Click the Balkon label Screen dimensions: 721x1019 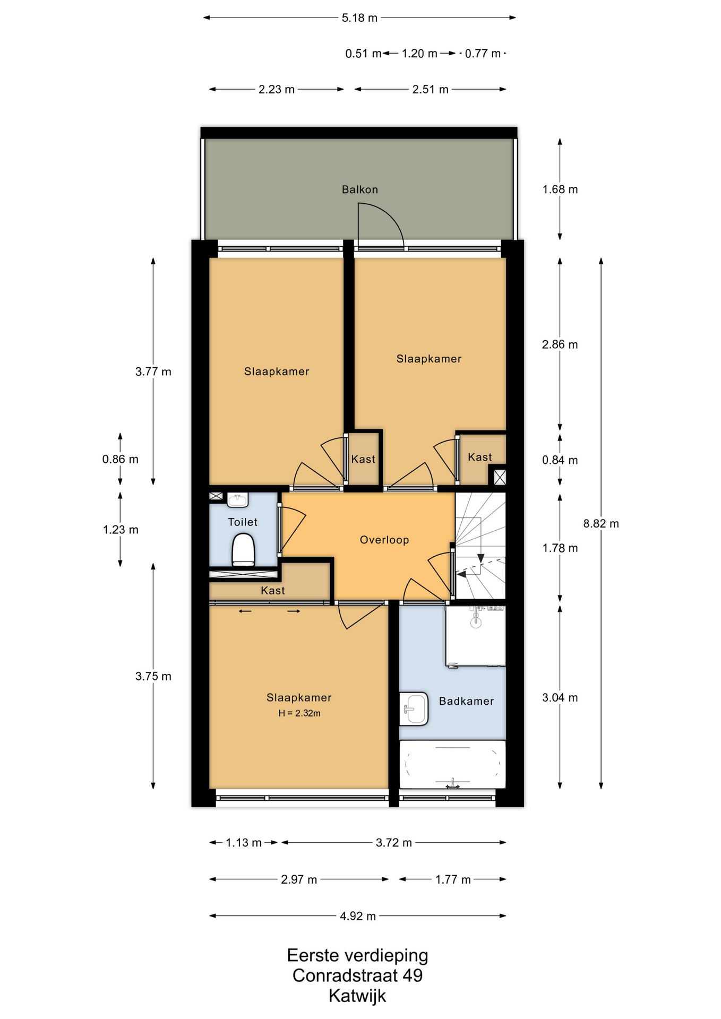[359, 189]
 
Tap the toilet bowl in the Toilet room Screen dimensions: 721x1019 [243, 550]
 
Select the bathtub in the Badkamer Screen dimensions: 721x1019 [452, 765]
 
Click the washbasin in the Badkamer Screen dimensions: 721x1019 [414, 709]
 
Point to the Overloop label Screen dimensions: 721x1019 [384, 540]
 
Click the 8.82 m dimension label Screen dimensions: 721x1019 [601, 523]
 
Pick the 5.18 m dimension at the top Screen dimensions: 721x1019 [359, 18]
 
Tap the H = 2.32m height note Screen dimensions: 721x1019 [299, 713]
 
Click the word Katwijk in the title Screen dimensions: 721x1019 [357, 995]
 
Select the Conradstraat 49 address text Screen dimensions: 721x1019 [357, 975]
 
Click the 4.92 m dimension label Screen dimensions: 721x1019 [358, 916]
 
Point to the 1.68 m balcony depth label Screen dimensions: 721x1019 [560, 189]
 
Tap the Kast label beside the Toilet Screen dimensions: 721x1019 [273, 590]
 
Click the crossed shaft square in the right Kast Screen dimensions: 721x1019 [500, 477]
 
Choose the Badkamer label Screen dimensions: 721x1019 [466, 701]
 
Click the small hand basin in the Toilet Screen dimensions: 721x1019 [237, 499]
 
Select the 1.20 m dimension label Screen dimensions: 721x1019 [419, 54]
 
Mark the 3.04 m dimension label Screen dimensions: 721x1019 [560, 697]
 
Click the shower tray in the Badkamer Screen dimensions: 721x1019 [475, 636]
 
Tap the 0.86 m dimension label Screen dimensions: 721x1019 [121, 459]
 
